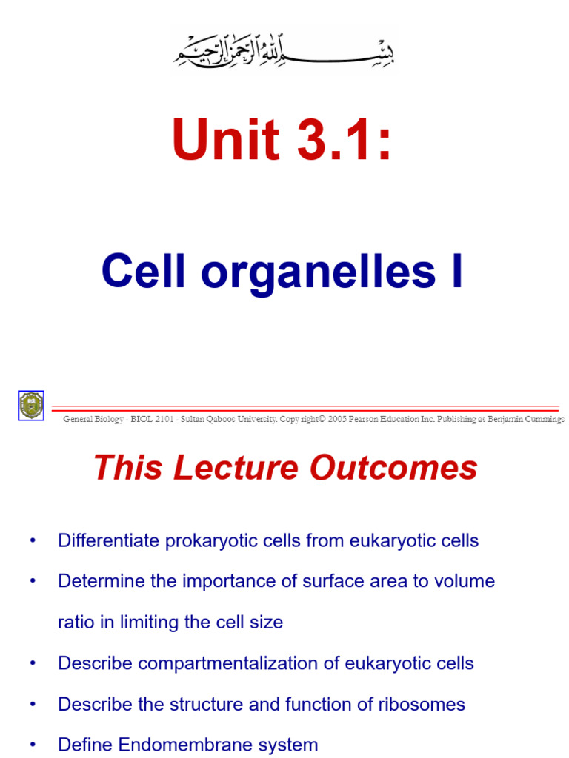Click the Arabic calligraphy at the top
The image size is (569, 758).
point(284,50)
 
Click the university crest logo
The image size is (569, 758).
point(31,405)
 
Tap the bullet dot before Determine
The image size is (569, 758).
point(32,581)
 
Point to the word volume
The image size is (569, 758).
point(465,581)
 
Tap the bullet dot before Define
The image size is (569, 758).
point(32,744)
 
